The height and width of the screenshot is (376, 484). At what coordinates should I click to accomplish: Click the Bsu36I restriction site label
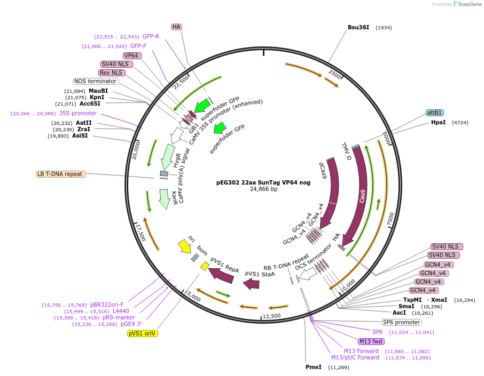click(358, 27)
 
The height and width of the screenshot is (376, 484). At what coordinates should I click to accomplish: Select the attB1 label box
click(434, 113)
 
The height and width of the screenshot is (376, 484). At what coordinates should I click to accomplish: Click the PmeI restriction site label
click(313, 367)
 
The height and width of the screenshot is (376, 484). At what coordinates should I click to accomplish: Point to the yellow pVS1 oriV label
click(143, 333)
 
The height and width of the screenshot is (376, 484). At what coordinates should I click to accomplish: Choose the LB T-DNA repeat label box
click(60, 174)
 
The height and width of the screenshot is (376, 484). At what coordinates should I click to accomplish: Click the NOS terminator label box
click(96, 81)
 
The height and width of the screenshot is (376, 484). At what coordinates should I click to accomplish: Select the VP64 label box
click(132, 55)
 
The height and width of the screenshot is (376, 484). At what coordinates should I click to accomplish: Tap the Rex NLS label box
click(111, 73)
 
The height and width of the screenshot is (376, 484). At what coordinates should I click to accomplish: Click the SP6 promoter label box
click(401, 322)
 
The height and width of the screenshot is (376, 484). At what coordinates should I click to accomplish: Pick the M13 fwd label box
click(371, 341)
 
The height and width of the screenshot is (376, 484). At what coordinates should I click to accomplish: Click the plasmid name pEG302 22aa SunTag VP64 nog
click(263, 182)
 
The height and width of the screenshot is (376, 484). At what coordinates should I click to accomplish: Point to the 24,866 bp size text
click(263, 189)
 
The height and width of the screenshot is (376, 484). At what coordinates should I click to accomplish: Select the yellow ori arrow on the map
click(184, 246)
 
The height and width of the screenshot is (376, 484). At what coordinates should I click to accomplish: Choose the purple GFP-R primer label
click(151, 37)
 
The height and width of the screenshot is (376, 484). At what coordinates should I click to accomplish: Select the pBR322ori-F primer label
click(107, 305)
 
